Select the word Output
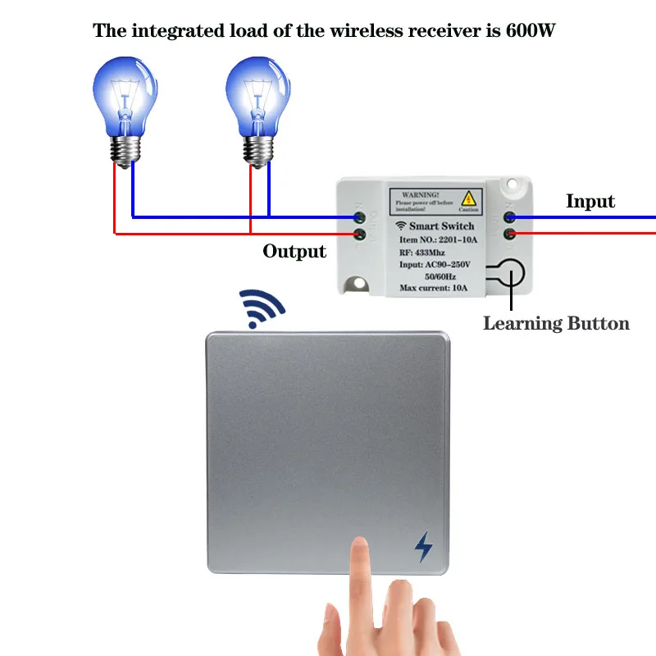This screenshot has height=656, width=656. tap(294, 251)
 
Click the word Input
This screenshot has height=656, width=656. tap(590, 202)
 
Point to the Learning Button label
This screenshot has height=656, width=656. tap(556, 323)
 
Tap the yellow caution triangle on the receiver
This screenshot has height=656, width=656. tap(468, 198)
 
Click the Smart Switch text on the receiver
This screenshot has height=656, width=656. tap(441, 225)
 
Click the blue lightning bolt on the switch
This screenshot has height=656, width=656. tap(423, 547)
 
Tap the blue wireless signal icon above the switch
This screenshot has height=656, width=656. tap(261, 308)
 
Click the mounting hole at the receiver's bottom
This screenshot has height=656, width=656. tap(358, 285)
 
